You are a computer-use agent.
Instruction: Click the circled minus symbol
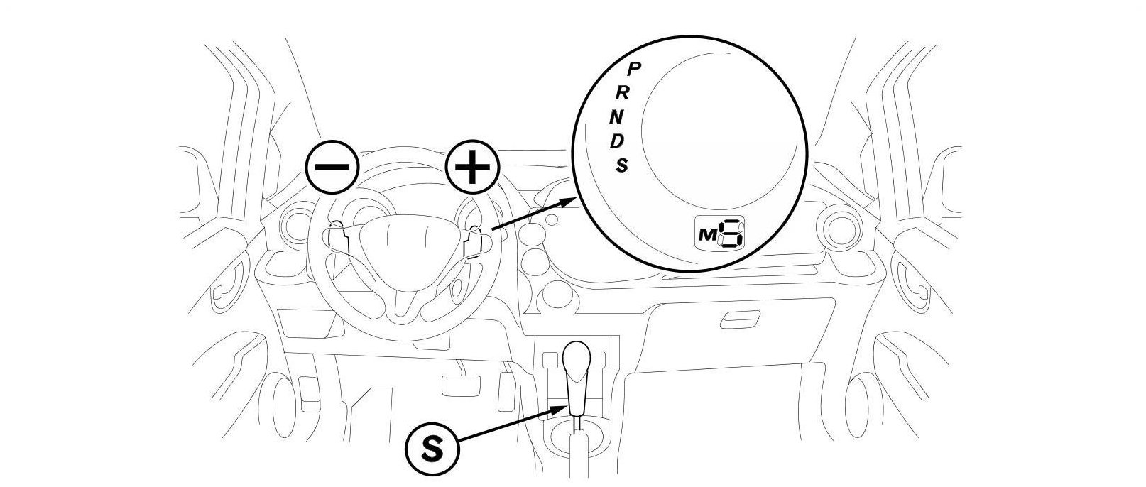point(332,168)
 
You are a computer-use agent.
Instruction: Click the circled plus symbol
point(472,168)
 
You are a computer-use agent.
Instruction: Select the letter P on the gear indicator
point(636,68)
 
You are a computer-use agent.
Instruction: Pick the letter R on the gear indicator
point(623,92)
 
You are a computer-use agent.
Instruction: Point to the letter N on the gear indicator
point(618,116)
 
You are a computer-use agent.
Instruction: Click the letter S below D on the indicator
point(622,165)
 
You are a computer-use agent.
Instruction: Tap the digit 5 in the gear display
point(730,234)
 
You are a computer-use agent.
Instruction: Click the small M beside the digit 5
point(707,236)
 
